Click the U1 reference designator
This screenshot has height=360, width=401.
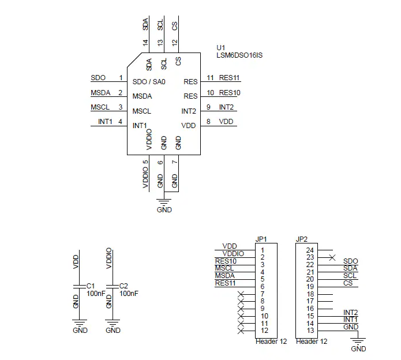[221, 48]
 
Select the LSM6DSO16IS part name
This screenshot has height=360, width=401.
[239, 55]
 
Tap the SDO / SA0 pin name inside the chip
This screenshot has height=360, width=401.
[149, 82]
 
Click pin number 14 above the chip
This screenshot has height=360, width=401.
[145, 43]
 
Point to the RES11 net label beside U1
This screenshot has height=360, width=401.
[229, 78]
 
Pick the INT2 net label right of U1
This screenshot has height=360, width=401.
[226, 107]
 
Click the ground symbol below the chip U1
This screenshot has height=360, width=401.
[164, 202]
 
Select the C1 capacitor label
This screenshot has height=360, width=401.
[90, 286]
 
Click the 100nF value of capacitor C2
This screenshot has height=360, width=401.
[129, 293]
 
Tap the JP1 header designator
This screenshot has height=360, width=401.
[261, 239]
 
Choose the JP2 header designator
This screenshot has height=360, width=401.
[302, 239]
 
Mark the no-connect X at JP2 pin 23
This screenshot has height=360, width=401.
[332, 257]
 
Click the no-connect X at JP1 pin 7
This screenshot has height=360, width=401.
[241, 294]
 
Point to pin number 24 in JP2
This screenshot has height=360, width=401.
[310, 250]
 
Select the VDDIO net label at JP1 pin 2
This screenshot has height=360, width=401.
[233, 254]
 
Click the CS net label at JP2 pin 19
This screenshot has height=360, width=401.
[348, 283]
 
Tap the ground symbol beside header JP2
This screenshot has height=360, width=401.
[358, 342]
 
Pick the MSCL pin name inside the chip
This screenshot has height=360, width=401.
[142, 111]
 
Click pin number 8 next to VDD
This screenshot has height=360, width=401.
[208, 122]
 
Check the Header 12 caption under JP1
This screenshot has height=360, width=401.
[271, 342]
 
